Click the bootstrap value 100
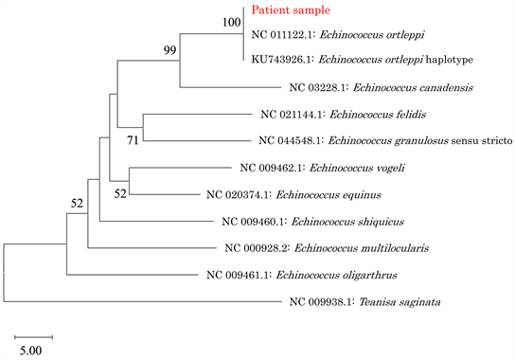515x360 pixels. (232, 22)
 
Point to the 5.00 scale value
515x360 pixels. (33, 351)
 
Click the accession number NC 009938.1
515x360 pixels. (318, 302)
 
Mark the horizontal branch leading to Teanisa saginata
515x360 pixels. (142, 302)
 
